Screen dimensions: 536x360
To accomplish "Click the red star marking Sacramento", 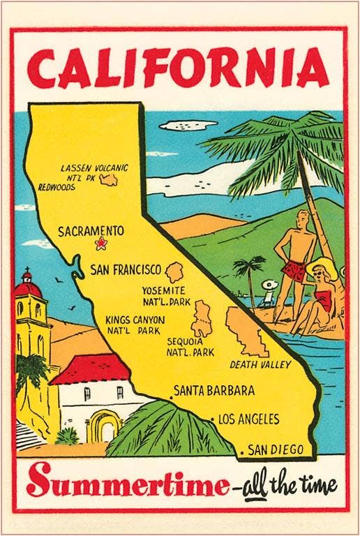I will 101,244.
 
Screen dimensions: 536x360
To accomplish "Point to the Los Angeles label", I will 248,419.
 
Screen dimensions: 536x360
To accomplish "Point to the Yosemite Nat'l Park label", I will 164,295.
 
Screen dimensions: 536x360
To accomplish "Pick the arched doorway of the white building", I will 105,425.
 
